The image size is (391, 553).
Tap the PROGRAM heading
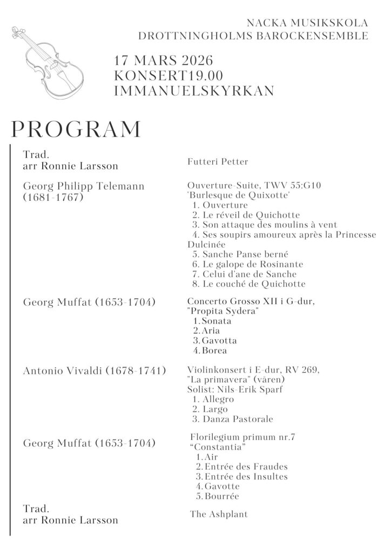click(76, 130)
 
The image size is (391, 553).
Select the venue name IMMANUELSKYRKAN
click(194, 90)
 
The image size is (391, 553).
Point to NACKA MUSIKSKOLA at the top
click(307, 23)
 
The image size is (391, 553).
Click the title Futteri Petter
click(218, 161)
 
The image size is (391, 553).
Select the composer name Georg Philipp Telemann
click(84, 186)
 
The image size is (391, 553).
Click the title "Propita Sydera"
click(222, 311)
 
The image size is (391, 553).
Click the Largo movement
click(215, 409)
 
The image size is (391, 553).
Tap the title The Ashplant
click(219, 514)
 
